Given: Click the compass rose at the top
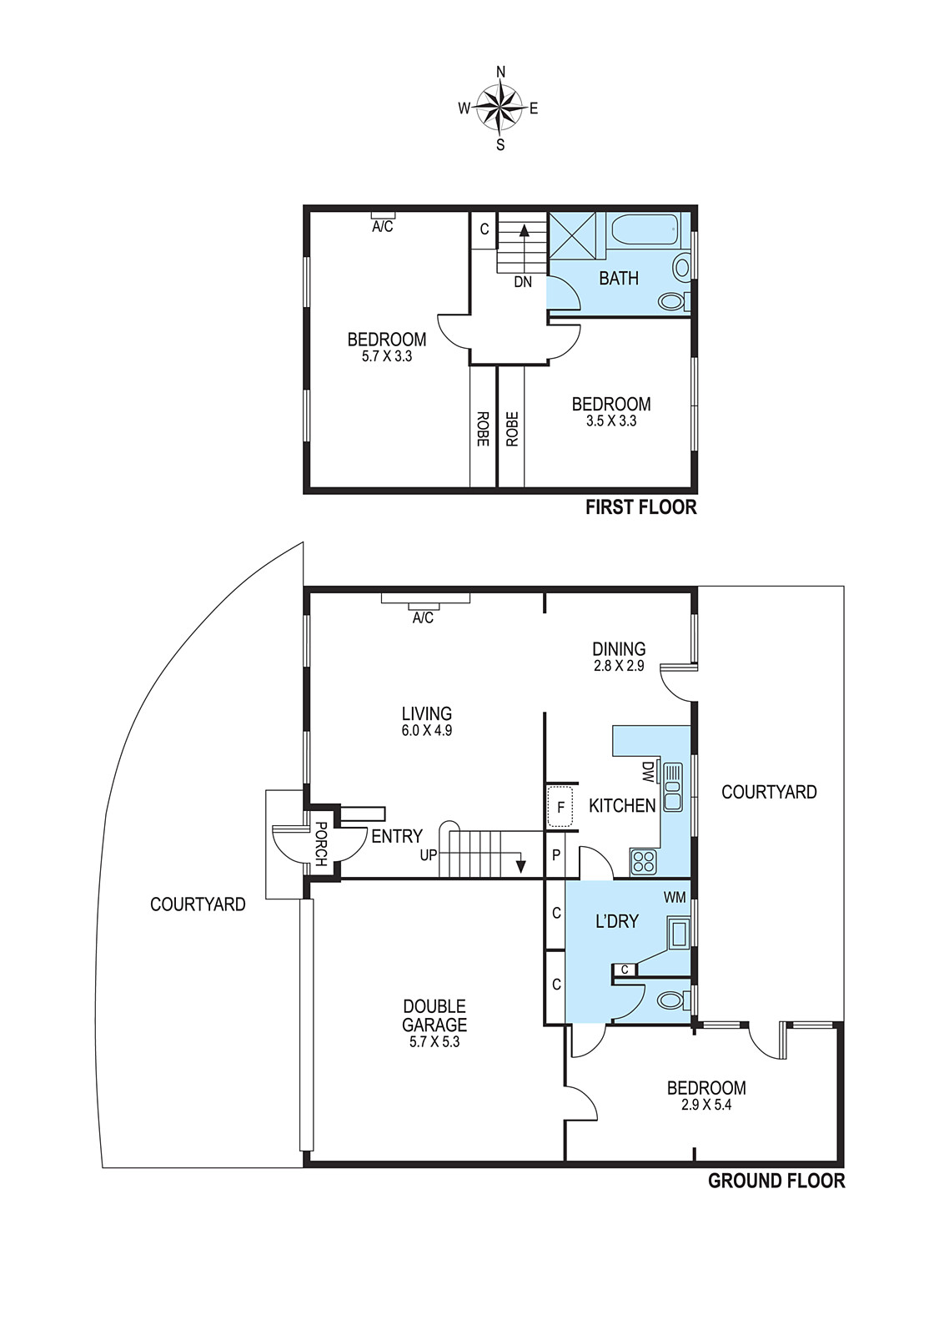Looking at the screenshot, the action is click(x=501, y=108).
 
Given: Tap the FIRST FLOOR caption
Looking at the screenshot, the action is click(x=640, y=508).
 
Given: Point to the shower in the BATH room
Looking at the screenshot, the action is click(x=571, y=237).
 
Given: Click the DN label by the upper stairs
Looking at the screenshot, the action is click(x=523, y=282).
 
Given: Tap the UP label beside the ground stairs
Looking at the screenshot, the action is click(x=429, y=855).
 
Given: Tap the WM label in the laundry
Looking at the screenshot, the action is click(x=675, y=898).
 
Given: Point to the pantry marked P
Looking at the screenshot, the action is click(x=556, y=855).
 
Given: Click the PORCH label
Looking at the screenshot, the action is click(x=320, y=844).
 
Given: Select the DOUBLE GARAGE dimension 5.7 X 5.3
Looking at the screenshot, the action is click(x=434, y=1042).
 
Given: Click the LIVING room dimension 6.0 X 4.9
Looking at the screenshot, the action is click(x=426, y=730).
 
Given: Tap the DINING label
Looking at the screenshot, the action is click(x=619, y=648).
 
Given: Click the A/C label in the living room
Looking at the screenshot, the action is click(x=423, y=618).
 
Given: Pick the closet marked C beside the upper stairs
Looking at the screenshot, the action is click(x=485, y=229).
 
